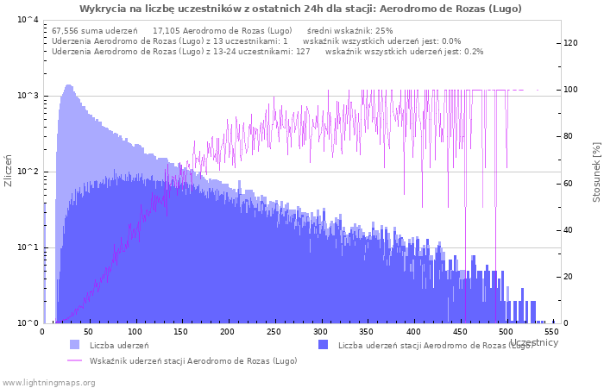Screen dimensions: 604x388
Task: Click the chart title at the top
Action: (300, 9)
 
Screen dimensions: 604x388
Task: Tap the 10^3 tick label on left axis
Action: (28, 96)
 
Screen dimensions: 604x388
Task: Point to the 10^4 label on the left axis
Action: (28, 19)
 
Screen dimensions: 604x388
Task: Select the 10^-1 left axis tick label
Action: (28, 247)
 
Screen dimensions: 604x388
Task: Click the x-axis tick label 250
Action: (274, 332)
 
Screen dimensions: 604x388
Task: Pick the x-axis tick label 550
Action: (551, 332)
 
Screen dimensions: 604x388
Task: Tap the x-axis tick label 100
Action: (135, 332)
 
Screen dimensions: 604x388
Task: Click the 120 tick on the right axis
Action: (570, 43)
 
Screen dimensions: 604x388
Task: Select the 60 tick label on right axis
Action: (568, 184)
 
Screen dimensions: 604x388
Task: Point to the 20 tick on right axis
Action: (568, 277)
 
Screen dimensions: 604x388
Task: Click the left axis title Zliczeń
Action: (8, 171)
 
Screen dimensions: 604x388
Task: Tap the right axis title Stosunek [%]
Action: (596, 172)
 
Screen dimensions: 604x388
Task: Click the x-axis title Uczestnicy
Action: (534, 342)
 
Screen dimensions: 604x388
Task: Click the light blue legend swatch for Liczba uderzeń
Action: (75, 345)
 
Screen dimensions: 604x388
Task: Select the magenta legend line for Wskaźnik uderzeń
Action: (75, 360)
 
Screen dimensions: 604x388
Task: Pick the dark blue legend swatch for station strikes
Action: (324, 345)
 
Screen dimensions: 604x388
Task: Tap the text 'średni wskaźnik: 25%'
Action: (349, 31)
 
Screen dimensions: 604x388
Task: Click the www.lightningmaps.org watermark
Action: (47, 383)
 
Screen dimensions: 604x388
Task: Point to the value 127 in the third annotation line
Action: (303, 52)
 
